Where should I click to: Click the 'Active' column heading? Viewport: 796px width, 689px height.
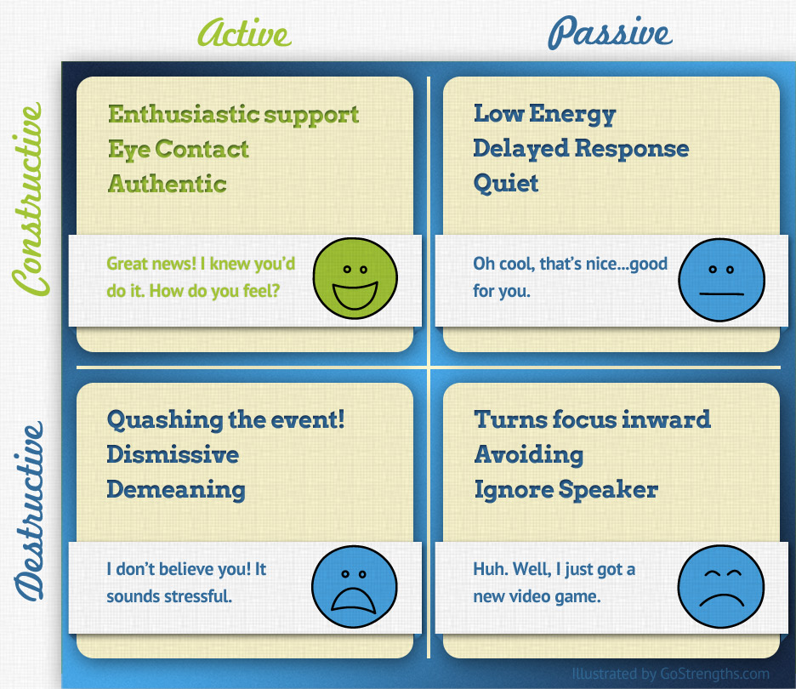coord(244,33)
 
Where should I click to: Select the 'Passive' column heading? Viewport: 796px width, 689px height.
coord(610,33)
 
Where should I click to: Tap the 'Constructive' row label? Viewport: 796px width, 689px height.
coord(30,200)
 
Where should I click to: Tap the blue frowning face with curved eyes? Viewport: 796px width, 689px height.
coord(721,587)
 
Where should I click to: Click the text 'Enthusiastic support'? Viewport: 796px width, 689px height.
coord(234,115)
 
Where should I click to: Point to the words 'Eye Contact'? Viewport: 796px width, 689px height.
coord(179,150)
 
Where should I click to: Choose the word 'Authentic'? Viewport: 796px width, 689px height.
coord(168,184)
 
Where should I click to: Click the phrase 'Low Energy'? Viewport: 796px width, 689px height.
coord(544,114)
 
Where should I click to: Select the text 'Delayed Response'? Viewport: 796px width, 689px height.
coord(581,149)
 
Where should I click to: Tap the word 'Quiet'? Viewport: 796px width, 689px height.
coord(506,184)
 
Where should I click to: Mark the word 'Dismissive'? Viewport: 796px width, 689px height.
coord(173,454)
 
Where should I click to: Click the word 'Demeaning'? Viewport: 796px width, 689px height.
coord(176,489)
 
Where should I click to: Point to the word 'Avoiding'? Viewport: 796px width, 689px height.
coord(529,454)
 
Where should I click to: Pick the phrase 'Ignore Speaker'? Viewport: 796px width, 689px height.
coord(566,489)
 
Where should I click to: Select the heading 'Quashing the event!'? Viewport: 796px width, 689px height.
coord(225,419)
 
